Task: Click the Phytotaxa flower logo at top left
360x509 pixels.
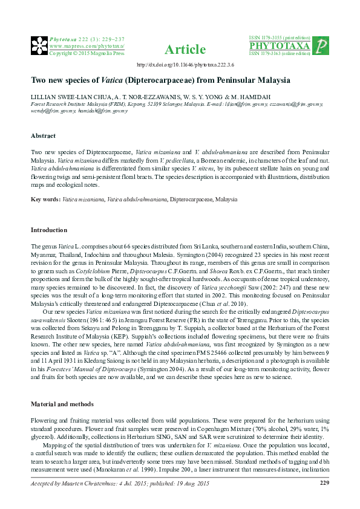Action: coord(39,45)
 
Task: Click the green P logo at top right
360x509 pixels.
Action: coord(322,46)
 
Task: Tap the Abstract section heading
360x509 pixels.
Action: coord(43,135)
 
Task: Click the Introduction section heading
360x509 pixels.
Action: coord(49,230)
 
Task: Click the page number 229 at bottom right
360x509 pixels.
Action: coord(324,482)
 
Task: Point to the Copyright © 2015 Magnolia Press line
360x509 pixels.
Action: coord(86,53)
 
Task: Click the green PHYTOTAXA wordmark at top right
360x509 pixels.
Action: coord(280,46)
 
